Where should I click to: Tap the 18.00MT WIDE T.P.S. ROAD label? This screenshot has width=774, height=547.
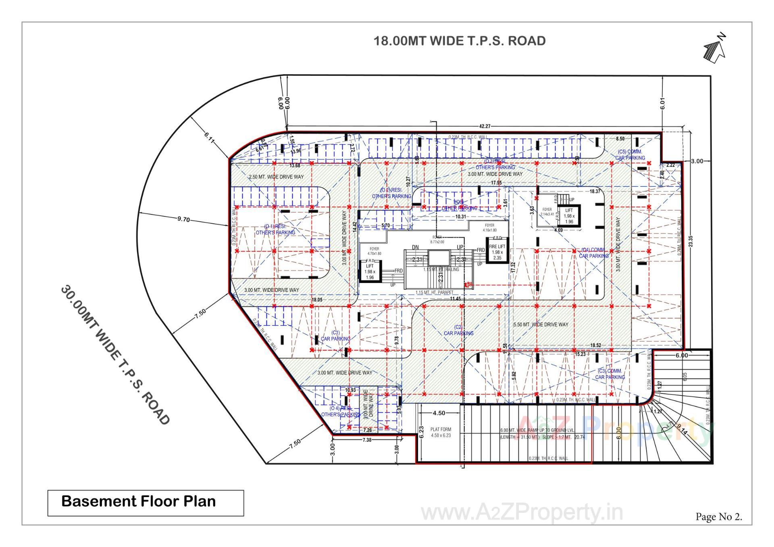(x=460, y=41)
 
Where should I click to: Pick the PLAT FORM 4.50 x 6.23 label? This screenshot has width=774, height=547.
(x=441, y=433)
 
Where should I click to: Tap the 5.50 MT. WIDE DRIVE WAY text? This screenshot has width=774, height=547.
(x=541, y=324)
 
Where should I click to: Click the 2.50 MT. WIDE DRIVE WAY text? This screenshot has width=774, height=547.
(x=276, y=177)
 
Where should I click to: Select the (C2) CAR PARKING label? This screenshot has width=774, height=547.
(x=458, y=331)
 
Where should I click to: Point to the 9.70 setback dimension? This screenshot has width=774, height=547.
(x=183, y=219)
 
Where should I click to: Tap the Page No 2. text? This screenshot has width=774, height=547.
(x=718, y=517)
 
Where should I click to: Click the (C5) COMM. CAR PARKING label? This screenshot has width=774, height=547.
(x=630, y=155)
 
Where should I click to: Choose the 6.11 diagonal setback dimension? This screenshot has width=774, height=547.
(x=209, y=137)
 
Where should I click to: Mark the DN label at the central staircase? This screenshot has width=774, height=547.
(x=415, y=248)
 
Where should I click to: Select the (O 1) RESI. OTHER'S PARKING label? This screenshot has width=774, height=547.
(x=275, y=230)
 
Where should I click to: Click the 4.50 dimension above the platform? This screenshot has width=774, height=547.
(x=439, y=413)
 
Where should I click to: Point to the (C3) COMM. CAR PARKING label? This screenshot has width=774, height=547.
(x=610, y=374)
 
